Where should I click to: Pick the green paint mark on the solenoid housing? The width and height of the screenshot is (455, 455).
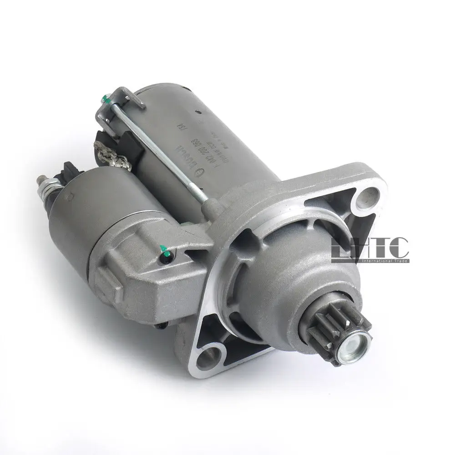(165, 252)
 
